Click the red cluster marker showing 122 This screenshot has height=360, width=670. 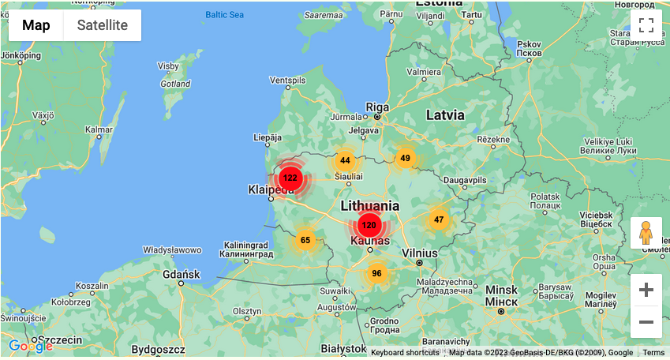(290, 178)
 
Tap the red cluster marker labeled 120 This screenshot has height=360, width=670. (369, 226)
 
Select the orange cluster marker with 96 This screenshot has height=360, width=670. (376, 274)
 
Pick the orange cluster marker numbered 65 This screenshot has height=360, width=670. (305, 240)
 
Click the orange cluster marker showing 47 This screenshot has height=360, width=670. (439, 219)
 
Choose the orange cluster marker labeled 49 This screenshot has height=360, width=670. (405, 158)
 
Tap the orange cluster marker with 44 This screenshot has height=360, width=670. (345, 160)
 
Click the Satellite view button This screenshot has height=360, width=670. (103, 25)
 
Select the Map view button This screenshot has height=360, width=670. (36, 25)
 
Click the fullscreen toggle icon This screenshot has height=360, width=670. (646, 24)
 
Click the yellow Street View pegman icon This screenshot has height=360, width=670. (646, 233)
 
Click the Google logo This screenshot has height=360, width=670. (30, 346)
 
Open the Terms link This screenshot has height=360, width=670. (653, 353)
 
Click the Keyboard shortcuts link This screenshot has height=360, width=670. (405, 353)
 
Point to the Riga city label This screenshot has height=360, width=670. (378, 107)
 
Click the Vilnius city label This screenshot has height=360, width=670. (419, 252)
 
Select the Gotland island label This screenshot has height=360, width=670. (175, 84)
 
